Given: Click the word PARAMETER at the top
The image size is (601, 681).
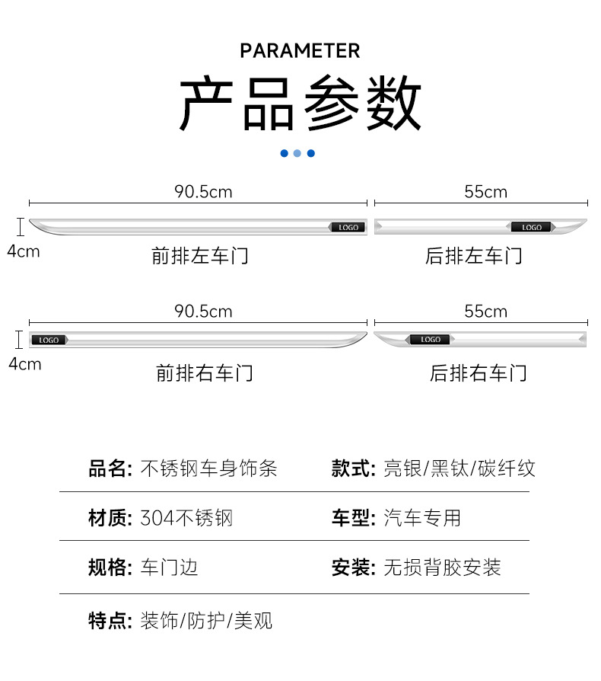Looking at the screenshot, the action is point(300,51).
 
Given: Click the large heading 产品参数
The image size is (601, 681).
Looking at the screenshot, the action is point(300,103).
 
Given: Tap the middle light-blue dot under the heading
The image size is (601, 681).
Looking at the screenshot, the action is point(297,153).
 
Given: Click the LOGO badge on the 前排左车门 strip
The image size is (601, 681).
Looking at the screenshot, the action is point(348,227).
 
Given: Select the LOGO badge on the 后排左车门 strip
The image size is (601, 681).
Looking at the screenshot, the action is point(532,227).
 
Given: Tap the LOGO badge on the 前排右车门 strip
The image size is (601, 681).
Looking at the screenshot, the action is point(49,340).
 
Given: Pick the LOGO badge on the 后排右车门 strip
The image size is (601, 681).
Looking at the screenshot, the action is point(430,339).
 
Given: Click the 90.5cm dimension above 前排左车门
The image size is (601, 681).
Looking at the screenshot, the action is point(203,192).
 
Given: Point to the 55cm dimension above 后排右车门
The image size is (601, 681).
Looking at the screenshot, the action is point(485,312).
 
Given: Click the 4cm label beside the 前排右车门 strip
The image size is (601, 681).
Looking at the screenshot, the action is point(24,364).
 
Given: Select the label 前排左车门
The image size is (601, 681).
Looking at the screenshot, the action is point(200,256).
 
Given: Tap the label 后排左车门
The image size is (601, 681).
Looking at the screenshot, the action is point(473,256).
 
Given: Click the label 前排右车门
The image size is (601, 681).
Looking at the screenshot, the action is point(204,373).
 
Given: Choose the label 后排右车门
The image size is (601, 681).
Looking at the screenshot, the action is point(478,373).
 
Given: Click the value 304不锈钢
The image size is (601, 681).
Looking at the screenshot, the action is point(186,519).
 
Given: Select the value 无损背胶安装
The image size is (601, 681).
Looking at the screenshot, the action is point(442,567).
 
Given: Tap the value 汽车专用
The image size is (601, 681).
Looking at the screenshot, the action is point(422,519).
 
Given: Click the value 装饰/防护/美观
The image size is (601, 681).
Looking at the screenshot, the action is point(206,621).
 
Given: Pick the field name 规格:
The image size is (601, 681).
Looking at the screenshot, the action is point(111,567).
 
